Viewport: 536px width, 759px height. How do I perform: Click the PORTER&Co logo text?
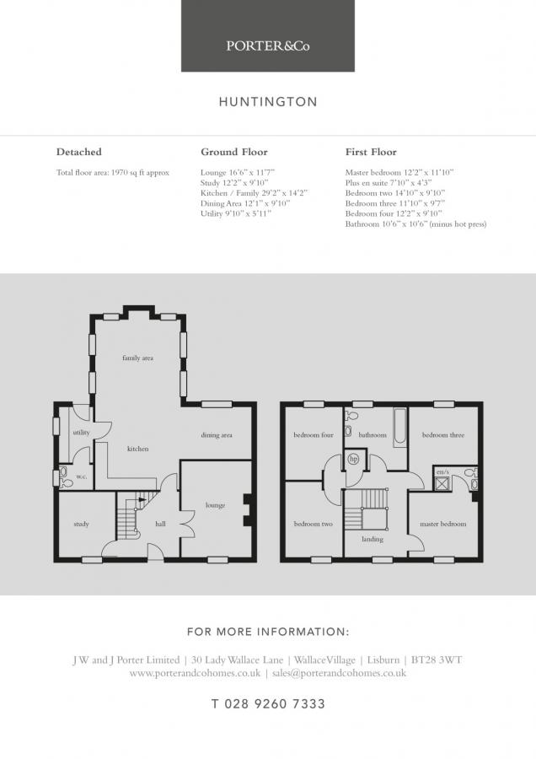point(268,46)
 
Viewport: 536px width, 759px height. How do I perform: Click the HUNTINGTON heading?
point(268,102)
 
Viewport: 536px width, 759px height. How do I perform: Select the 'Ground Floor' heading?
point(234,152)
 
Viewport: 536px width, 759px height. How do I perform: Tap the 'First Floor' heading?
point(371,152)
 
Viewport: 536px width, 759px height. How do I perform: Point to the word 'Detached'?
point(78,152)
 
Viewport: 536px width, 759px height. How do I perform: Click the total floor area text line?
point(113,172)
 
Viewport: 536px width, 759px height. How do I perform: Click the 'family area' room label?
point(137,358)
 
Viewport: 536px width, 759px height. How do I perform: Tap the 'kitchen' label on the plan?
point(138,449)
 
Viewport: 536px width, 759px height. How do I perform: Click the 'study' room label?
point(81,525)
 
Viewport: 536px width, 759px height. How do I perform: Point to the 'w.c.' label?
point(81,476)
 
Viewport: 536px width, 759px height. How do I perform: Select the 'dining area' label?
point(217,435)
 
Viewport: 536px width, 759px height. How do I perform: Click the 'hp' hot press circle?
point(354,460)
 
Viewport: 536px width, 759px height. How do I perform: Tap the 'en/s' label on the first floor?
point(442,472)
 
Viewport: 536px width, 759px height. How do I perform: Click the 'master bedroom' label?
point(443,524)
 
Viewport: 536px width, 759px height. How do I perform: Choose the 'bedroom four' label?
point(314,435)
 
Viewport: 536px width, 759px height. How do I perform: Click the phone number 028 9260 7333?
point(268,703)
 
